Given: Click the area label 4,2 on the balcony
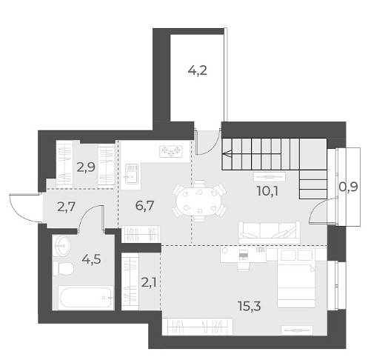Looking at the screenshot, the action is click(x=197, y=71).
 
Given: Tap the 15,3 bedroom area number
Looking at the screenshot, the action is click(x=250, y=306).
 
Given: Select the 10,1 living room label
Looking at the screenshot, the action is click(x=267, y=191).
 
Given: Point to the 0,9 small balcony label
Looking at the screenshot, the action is click(x=348, y=187).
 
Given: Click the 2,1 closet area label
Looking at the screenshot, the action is click(x=149, y=283).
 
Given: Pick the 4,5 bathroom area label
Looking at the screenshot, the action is click(x=91, y=259).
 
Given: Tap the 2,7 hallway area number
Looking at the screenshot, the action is click(x=66, y=207).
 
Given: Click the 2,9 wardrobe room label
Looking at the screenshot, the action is click(x=86, y=167).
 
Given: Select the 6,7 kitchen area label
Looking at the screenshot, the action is click(x=144, y=206).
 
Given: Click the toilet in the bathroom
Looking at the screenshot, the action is click(x=64, y=268).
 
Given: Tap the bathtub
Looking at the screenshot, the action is click(x=86, y=298).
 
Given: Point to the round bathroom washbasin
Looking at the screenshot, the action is click(x=62, y=246).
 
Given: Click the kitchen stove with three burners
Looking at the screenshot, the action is click(x=171, y=151).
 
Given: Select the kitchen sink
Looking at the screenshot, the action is click(x=132, y=174).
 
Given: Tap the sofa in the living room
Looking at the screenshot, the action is click(x=270, y=233).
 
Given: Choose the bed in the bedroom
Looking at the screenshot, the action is click(x=296, y=279).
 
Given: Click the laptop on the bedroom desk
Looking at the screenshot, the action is click(x=244, y=255).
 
